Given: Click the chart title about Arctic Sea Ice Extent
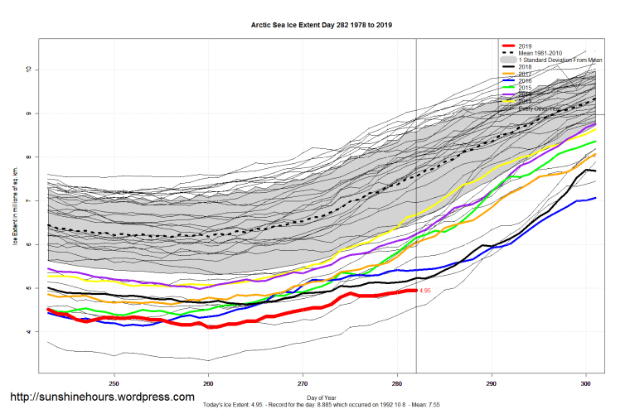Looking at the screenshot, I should (x=322, y=25).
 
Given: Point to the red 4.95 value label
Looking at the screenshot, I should (x=426, y=291).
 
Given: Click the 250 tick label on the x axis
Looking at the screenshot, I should (x=114, y=383).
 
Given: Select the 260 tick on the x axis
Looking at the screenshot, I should (x=209, y=383).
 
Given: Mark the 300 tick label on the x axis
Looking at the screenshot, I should (x=585, y=383).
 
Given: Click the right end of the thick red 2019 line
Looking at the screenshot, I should (x=415, y=291).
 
